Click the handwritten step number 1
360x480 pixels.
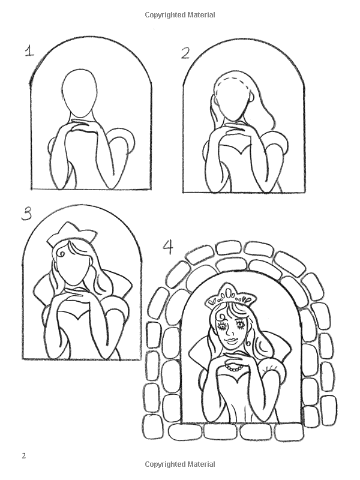pyautogui.click(x=28, y=52)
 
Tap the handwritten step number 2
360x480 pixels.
pyautogui.click(x=185, y=53)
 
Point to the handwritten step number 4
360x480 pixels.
pyautogui.click(x=169, y=247)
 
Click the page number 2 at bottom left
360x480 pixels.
pyautogui.click(x=23, y=455)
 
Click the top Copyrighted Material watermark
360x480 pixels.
pyautogui.click(x=180, y=14)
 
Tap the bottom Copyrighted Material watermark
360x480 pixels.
pyautogui.click(x=180, y=464)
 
